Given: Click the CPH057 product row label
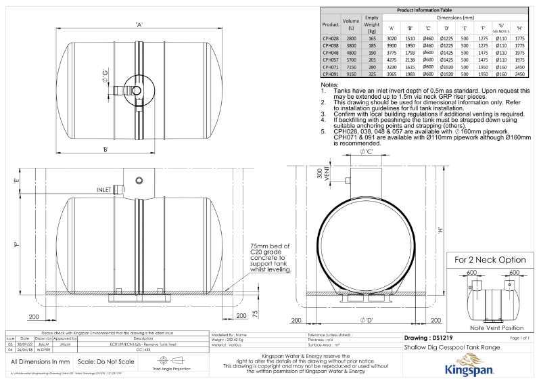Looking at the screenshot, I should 331,60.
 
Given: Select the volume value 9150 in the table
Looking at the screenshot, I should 351,74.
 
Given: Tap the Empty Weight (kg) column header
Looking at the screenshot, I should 371,24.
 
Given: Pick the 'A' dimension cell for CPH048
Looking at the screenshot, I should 391,52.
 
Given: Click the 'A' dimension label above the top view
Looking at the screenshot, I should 139,25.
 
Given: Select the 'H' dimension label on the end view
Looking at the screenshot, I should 440,230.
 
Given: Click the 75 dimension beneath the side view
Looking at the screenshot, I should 254,313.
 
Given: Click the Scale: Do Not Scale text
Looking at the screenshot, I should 99,362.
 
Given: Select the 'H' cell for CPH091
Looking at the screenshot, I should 519,74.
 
